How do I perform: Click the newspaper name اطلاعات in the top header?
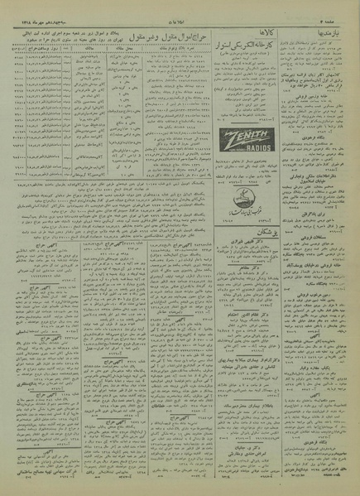pos(180,9)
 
